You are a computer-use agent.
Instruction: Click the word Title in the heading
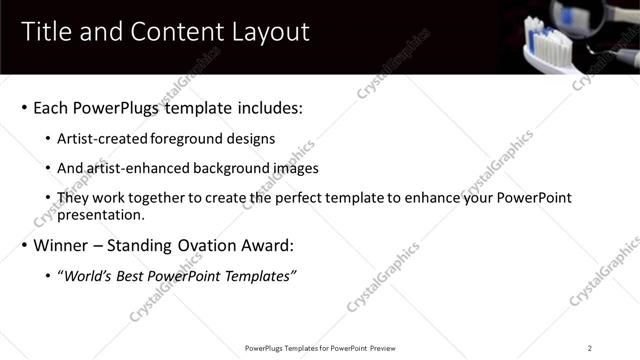tap(46, 32)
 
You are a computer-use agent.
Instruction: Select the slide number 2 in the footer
tap(590, 348)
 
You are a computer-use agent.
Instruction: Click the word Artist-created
tap(98, 139)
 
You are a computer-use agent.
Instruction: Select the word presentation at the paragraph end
tap(102, 214)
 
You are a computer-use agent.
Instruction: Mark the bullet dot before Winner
tap(24, 246)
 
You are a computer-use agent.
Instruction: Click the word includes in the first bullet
tap(270, 107)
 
